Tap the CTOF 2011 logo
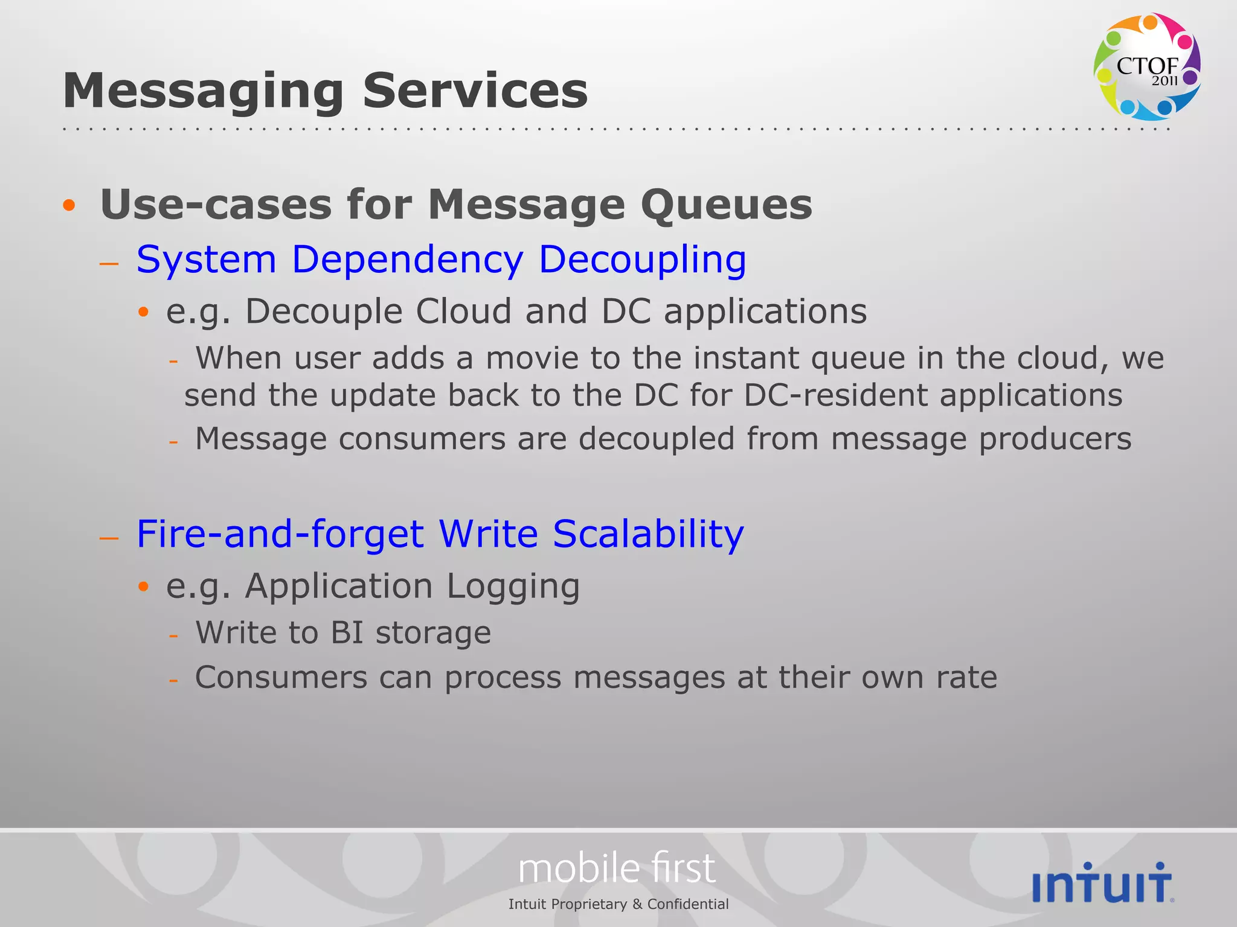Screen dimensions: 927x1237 coord(1146,66)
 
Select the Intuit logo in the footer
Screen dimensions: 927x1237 coord(1102,883)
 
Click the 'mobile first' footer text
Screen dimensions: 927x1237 coord(617,868)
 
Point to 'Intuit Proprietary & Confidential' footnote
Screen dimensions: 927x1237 coord(618,904)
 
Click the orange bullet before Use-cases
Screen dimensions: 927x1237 coord(69,205)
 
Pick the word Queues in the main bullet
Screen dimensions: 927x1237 coord(726,205)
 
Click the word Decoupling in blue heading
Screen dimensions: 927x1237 coord(642,260)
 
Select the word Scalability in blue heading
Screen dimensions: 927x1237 coord(648,534)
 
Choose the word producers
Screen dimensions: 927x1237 coord(1055,439)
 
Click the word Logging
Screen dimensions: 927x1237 coord(513,587)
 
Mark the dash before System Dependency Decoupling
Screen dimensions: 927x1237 coord(109,263)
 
